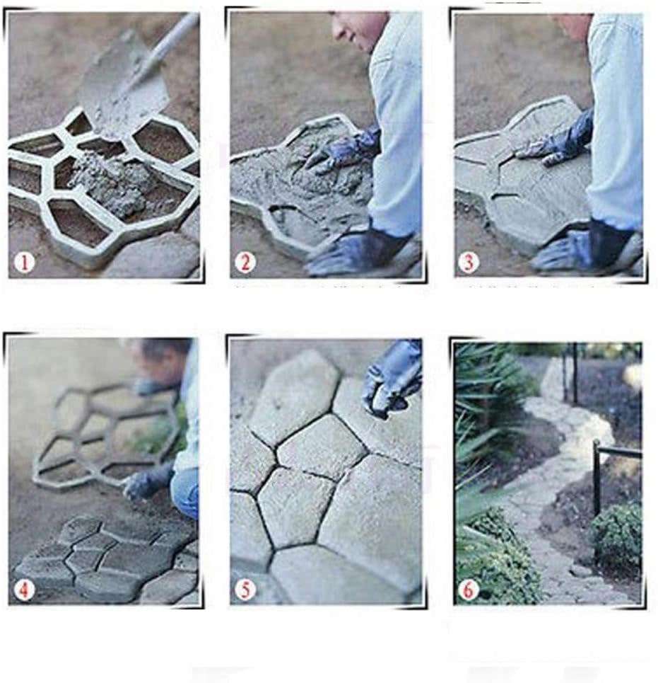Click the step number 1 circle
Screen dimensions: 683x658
(x=25, y=263)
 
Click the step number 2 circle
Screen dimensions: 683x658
(x=245, y=263)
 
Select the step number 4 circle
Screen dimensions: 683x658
(x=25, y=590)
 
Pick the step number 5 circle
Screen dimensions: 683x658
(x=245, y=590)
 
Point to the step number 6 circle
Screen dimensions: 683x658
(x=468, y=590)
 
